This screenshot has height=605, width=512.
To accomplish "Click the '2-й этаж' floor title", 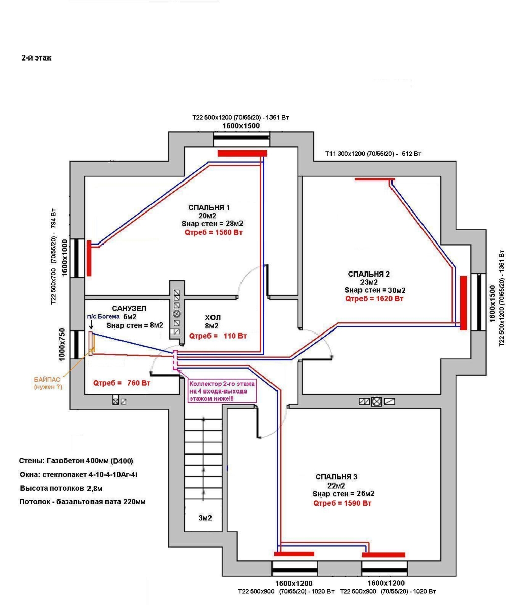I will [x=36, y=58].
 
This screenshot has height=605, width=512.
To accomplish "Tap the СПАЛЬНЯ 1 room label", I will [x=209, y=207].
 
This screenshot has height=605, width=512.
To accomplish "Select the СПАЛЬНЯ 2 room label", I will [x=369, y=274].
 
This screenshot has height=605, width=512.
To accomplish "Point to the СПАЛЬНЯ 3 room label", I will [x=337, y=477].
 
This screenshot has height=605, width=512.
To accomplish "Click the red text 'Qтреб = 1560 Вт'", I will [x=213, y=233].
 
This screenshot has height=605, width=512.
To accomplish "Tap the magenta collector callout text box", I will [x=222, y=392].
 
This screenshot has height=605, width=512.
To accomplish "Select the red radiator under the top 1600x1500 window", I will [x=242, y=153].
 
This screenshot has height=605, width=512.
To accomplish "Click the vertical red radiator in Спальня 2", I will [x=463, y=302].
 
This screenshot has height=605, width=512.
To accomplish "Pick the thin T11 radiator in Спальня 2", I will [x=375, y=179].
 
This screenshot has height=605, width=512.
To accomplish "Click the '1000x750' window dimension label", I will [x=63, y=344].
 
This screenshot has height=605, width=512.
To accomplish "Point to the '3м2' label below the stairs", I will [x=205, y=518].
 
